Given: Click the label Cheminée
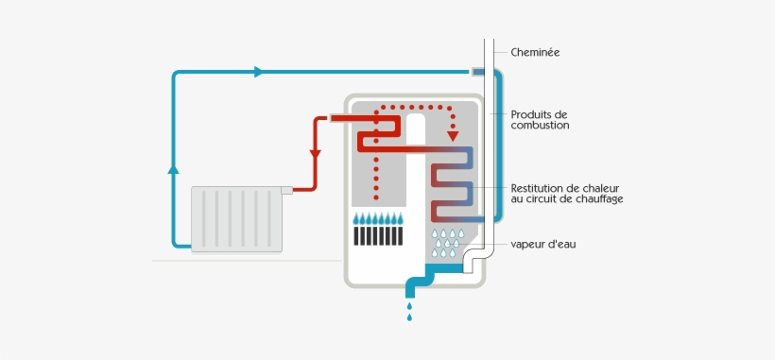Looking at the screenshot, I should click(x=535, y=52).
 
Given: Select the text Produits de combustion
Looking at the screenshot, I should click(x=540, y=119).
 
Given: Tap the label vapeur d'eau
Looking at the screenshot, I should click(x=542, y=244).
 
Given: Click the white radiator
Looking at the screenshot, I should click(x=235, y=218).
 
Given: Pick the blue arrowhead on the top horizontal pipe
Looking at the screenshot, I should click(x=258, y=72).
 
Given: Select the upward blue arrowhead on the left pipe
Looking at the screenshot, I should click(x=173, y=169).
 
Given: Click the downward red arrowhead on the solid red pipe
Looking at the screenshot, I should click(x=315, y=154).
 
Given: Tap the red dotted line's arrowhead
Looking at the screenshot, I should click(x=453, y=130).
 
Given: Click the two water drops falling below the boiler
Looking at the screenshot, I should click(x=409, y=312).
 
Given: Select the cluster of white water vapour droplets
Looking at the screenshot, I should click(x=447, y=243).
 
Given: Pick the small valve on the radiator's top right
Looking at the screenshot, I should click(x=286, y=190).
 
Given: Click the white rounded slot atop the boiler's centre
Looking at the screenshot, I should click(x=416, y=130).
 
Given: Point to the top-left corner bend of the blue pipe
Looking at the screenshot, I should click(x=176, y=75).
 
